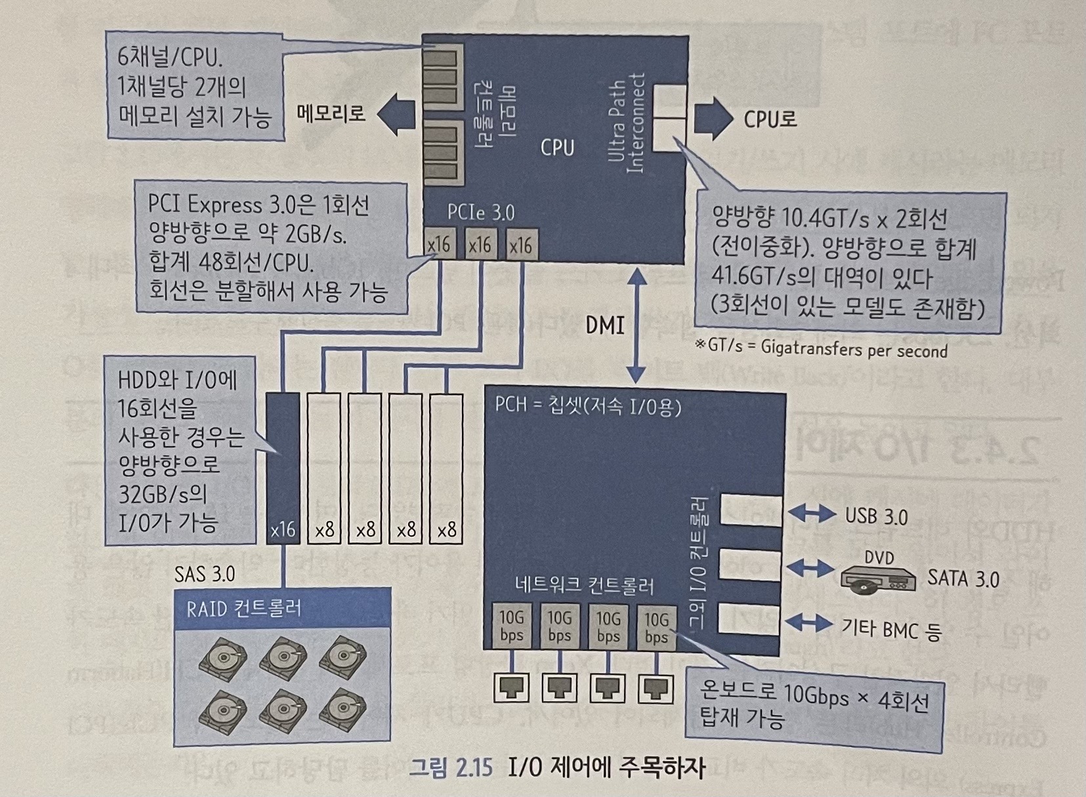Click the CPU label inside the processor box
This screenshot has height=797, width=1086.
pos(557,148)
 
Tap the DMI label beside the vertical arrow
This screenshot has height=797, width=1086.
pos(604,325)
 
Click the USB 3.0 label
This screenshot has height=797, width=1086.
pos(876,516)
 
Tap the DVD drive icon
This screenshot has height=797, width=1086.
pos(878,577)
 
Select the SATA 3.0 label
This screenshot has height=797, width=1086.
pos(963,579)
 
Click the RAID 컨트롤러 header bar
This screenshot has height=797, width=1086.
pos(282,609)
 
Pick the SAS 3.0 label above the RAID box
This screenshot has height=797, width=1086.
pos(205,574)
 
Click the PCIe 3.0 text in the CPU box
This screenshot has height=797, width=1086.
pos(480,212)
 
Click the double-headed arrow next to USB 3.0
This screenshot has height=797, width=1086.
pos(810,512)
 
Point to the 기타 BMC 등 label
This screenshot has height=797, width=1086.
pos(891,629)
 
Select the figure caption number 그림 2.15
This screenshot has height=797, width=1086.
pos(449,767)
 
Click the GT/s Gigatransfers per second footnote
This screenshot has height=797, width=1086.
pos(821,348)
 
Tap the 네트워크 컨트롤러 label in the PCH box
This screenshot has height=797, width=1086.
pos(584,584)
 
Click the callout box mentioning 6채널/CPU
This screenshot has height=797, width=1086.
pos(195,86)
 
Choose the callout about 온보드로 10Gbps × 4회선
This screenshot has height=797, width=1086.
pos(814,709)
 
